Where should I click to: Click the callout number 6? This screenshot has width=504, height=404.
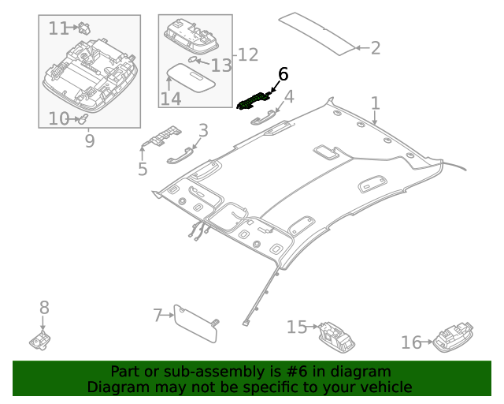pyautogui.click(x=283, y=74)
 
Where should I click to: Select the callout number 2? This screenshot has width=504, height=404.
pyautogui.click(x=375, y=48)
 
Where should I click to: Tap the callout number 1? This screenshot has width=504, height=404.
pyautogui.click(x=376, y=103)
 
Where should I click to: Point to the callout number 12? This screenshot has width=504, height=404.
pyautogui.click(x=248, y=54)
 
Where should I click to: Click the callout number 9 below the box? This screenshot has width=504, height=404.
pyautogui.click(x=89, y=141)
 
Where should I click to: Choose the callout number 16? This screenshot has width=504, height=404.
pyautogui.click(x=411, y=342)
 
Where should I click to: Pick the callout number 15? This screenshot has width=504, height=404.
pyautogui.click(x=296, y=327)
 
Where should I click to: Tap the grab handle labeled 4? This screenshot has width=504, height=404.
pyautogui.click(x=261, y=118)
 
